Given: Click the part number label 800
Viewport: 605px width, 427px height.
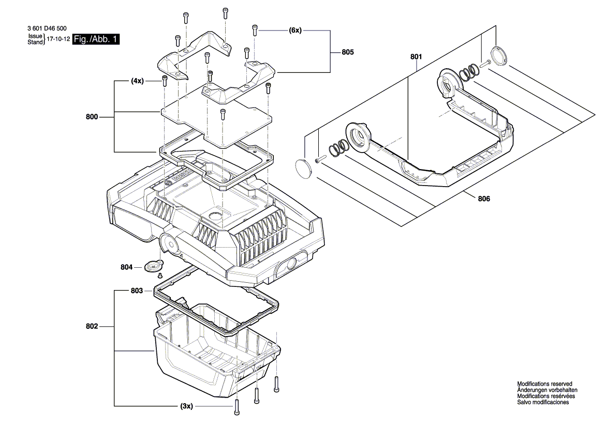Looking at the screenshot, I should tap(92, 117).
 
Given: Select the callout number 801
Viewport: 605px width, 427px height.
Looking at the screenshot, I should tap(417, 56).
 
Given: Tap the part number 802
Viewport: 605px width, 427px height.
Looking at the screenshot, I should tap(92, 326).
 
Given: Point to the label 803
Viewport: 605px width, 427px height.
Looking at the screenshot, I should tap(137, 291).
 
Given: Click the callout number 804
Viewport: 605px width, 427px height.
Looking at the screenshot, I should tap(127, 267).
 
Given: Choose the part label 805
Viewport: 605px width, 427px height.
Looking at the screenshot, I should tap(348, 52).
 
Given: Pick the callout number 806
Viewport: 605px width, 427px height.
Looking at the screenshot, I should tap(484, 198).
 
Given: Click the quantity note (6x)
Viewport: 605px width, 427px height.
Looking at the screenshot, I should tap(295, 30).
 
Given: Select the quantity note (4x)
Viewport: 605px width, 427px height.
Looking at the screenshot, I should tap(137, 81).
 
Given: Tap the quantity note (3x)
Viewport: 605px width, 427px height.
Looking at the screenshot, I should tap(186, 406).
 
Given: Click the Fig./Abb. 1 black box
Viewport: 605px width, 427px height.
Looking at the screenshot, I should tap(96, 39).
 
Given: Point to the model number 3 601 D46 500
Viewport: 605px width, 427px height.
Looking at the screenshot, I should tap(46, 29).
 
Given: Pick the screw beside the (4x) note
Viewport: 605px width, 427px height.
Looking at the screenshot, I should tap(165, 81).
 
